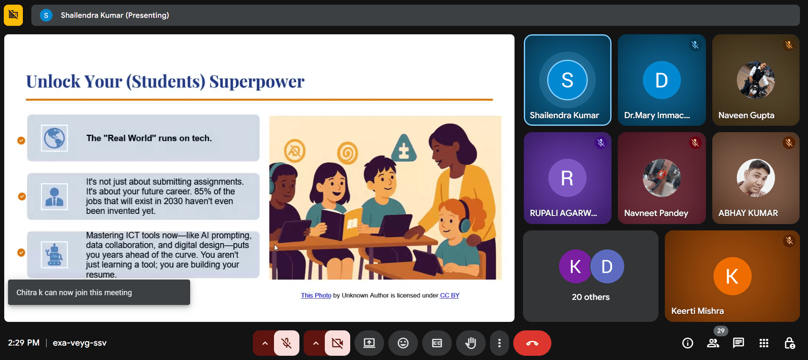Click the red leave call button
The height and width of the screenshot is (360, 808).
(x=532, y=343)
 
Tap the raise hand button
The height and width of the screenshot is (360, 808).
(x=470, y=343)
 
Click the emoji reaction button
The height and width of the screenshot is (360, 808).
(x=403, y=343)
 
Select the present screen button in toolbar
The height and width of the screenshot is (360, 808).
(x=369, y=343)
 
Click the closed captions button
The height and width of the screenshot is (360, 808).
(x=437, y=343)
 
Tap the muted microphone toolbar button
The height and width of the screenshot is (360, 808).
(x=287, y=343)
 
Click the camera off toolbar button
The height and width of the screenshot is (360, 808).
(x=338, y=343)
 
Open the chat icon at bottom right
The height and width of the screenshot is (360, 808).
(x=739, y=343)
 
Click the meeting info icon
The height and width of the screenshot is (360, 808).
(x=688, y=343)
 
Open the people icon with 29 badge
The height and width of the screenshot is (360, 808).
(x=713, y=343)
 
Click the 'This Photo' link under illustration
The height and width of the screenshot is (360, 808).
(x=316, y=295)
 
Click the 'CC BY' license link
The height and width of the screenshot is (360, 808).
(x=450, y=295)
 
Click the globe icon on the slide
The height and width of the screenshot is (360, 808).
(x=55, y=138)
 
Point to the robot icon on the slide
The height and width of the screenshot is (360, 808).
(x=55, y=255)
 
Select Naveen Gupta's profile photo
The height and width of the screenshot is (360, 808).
(x=755, y=80)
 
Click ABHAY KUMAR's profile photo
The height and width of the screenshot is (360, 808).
(x=755, y=178)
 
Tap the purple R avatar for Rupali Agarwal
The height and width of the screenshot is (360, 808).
(x=567, y=178)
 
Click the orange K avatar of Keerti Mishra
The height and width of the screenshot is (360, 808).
(x=732, y=276)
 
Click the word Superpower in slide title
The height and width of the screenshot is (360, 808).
(x=257, y=82)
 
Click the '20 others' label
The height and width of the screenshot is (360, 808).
(x=591, y=297)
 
